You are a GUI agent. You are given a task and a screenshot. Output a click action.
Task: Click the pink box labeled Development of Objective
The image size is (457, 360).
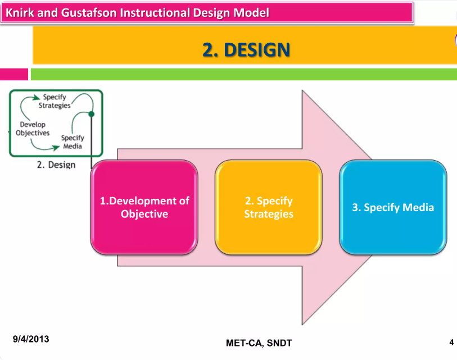144,207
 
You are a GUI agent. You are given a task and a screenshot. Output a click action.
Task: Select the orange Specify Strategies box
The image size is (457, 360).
268,207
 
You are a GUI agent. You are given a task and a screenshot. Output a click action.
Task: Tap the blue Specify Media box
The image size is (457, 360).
393,207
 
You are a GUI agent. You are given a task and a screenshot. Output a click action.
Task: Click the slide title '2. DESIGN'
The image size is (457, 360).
246,50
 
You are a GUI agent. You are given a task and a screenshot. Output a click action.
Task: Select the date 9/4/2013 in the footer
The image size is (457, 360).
31,339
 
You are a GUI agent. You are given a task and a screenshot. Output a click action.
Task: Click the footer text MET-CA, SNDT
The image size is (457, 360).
259,343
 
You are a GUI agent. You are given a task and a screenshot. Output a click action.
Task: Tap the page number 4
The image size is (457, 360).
451,342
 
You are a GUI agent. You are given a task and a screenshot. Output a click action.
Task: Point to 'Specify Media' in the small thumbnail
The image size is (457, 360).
73,142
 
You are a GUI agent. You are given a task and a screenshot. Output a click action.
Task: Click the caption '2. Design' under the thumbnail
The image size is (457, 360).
56,165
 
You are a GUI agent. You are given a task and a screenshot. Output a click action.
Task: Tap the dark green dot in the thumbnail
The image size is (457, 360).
92,114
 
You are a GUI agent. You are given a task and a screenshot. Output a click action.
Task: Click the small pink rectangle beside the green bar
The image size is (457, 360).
13,74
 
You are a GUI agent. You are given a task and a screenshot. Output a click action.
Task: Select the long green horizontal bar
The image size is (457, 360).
243,74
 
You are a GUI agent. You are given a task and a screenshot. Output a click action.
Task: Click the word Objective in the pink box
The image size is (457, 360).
144,214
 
